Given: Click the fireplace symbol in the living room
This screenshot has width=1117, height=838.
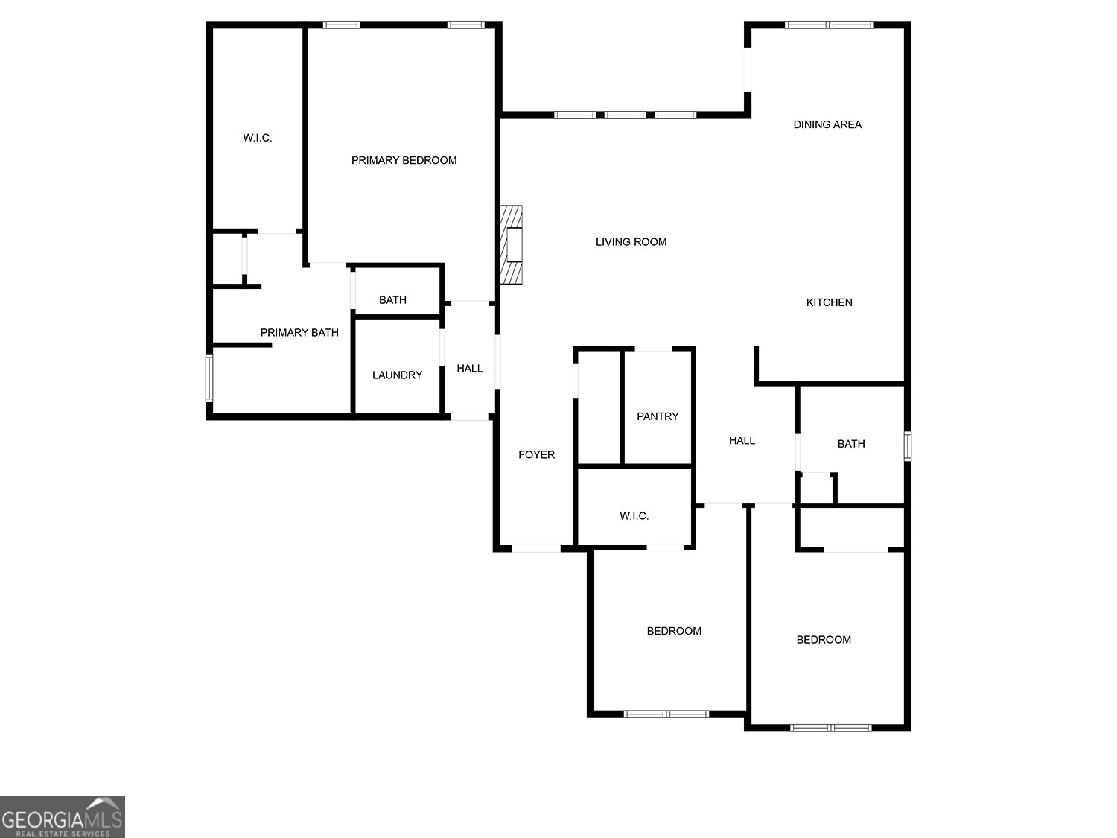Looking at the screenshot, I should coord(512,244).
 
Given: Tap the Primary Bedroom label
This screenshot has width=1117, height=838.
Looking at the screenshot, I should coord(404,160).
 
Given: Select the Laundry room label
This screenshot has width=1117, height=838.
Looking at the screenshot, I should coord(397,375).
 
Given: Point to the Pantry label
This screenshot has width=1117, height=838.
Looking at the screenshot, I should coord(658,416).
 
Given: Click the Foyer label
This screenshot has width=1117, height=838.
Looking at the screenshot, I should coord(536,454).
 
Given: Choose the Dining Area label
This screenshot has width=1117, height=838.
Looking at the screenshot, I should coord(827,124).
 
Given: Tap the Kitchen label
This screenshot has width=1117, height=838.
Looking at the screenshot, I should coord(829,302).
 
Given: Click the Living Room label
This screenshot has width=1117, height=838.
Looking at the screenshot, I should coord(631,241).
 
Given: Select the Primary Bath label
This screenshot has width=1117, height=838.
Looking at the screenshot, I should coord(299,332).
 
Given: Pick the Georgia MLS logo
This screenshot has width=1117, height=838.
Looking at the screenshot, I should coord(62,817).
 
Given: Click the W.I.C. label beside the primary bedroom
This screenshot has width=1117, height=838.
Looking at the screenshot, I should coord(258,138).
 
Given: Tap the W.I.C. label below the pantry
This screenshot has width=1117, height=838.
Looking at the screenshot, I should coord(634,515).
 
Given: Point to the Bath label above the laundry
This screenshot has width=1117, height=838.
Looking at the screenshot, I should coord(392,300).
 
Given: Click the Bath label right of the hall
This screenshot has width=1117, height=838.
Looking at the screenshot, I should coord(851,444).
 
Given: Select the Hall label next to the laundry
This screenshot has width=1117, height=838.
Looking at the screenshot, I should coord(469,368).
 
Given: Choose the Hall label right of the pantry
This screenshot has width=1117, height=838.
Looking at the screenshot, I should coord(742,440).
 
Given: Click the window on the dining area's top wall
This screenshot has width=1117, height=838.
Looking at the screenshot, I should coord(830,25).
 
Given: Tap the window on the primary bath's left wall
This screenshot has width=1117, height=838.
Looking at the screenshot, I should coord(209,378).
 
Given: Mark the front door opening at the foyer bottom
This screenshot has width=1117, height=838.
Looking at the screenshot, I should coord(536,549).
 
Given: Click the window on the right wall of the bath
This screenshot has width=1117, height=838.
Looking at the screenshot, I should coord(908,446).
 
